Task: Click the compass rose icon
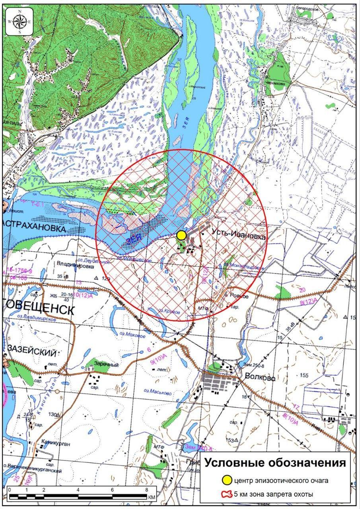pyautogui.click(x=19, y=22)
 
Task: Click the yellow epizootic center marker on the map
pyautogui.click(x=181, y=235)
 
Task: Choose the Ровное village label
pyautogui.click(x=239, y=296)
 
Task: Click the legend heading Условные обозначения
pyautogui.click(x=275, y=463)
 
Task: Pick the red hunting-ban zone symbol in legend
pyautogui.click(x=226, y=494)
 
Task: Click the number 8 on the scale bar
pyautogui.click(x=147, y=490)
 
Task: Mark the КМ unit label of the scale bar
pyautogui.click(x=152, y=497)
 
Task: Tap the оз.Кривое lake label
pyautogui.click(x=167, y=311)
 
